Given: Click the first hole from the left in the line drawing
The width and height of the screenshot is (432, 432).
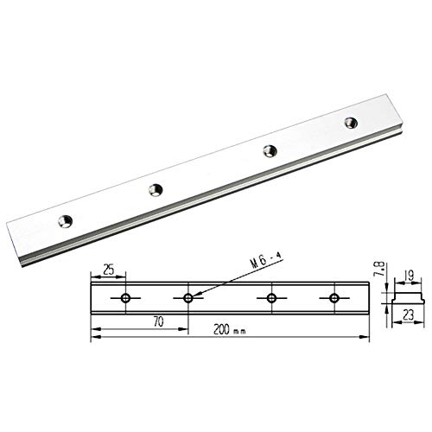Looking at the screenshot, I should tap(126, 298).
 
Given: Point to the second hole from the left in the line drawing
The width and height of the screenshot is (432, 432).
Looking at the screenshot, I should tap(187, 298).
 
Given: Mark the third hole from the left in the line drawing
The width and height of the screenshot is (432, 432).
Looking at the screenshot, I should tap(272, 298).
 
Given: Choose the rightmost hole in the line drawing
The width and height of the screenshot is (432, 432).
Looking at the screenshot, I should tap(334, 298).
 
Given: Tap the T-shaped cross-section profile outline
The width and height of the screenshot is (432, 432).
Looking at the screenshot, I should tap(403, 297).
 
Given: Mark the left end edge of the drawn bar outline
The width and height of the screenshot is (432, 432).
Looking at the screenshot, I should tap(92, 298).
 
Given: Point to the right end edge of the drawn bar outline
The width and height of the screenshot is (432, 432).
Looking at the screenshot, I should tap(368, 298).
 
